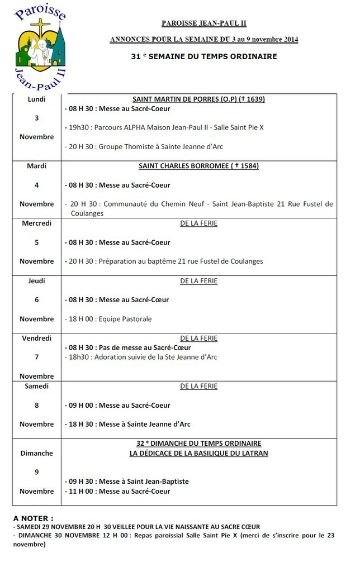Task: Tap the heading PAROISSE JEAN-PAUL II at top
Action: tap(203, 23)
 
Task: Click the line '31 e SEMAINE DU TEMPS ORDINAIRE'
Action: tap(203, 56)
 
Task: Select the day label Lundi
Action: tap(36, 99)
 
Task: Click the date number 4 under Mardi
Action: tap(37, 185)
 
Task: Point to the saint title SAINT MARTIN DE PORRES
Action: tap(198, 99)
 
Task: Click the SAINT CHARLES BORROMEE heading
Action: tap(198, 166)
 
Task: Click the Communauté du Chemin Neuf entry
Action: tap(198, 204)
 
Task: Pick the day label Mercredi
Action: tap(37, 223)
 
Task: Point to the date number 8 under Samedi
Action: tap(37, 405)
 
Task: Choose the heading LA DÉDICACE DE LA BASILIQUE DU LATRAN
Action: tap(198, 453)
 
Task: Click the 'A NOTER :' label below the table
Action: tap(34, 518)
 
